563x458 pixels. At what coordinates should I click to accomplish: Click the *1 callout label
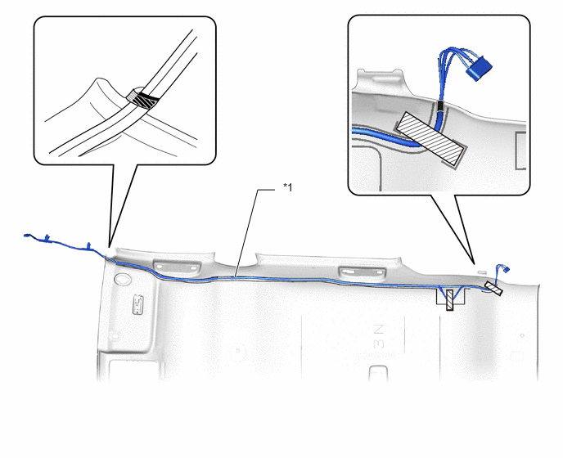(287, 187)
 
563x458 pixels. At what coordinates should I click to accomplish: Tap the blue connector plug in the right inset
(479, 68)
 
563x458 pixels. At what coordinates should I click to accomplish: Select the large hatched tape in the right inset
(430, 141)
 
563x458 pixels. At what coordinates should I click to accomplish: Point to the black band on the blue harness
(440, 106)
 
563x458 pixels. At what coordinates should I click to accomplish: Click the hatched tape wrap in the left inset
(143, 100)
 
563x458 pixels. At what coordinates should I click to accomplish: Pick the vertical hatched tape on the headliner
(449, 300)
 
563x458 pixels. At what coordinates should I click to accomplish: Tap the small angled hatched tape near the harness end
(493, 289)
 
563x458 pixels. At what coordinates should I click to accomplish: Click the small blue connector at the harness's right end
(507, 268)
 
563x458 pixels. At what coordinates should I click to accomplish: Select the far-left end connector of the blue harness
(27, 236)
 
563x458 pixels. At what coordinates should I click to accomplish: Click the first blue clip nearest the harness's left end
(47, 237)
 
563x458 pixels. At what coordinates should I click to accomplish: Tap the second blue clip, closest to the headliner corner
(88, 246)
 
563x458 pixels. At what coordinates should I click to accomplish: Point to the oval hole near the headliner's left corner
(123, 279)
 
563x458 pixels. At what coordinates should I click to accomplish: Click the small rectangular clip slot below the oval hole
(137, 305)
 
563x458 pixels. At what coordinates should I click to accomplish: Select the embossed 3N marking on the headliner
(378, 337)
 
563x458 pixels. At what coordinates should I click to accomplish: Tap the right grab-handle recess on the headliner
(363, 272)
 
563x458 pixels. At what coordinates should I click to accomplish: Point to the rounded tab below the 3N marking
(378, 373)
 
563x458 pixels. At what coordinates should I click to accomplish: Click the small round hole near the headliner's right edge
(522, 335)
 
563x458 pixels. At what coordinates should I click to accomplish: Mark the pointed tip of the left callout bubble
(109, 247)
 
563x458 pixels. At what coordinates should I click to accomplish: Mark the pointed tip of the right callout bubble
(475, 264)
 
